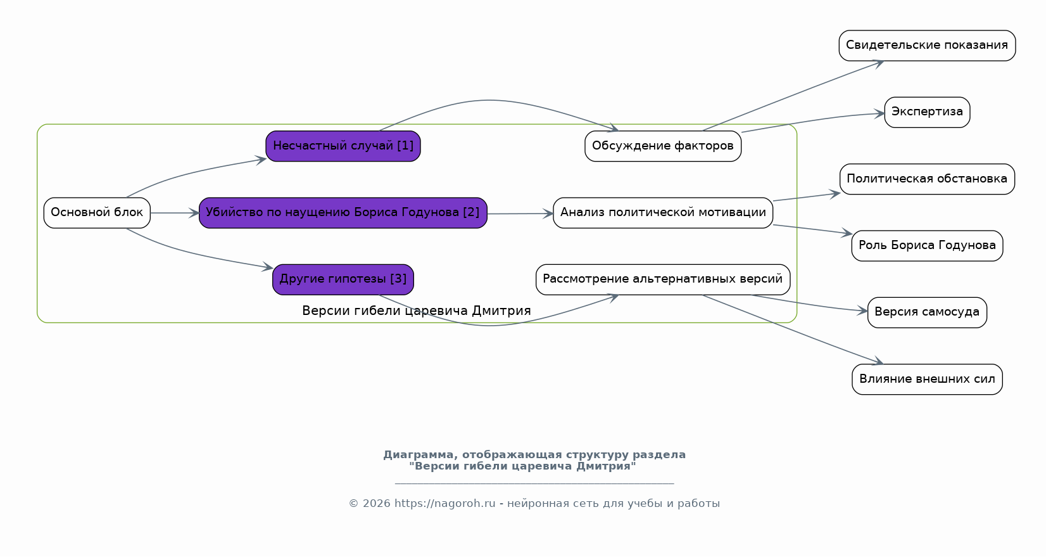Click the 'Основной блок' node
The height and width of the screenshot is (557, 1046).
(x=97, y=213)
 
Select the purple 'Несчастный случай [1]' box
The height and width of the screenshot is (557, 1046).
(x=343, y=146)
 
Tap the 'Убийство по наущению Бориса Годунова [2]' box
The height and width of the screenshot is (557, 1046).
(x=343, y=213)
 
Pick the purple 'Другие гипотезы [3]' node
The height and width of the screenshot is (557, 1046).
(x=343, y=279)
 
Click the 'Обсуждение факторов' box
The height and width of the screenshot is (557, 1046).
(x=663, y=146)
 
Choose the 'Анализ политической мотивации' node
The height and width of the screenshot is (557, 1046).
(x=663, y=213)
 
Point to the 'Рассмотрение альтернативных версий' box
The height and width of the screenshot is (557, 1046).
(x=663, y=279)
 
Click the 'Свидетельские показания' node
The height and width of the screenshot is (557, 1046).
(x=928, y=46)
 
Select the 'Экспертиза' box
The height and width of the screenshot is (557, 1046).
(x=928, y=112)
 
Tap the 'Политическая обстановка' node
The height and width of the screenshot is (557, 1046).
(x=928, y=179)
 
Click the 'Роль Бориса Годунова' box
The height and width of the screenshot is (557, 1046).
(x=928, y=246)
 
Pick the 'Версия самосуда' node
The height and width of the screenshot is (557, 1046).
(x=928, y=312)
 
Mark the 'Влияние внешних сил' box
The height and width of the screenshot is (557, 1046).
(x=928, y=380)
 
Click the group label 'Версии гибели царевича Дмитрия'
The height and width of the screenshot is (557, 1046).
(x=417, y=311)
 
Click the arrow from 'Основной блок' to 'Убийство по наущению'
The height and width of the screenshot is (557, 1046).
(x=175, y=213)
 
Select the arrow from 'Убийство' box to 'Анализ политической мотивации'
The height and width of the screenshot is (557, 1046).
(x=520, y=214)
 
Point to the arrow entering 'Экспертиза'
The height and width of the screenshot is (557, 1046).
(x=812, y=120)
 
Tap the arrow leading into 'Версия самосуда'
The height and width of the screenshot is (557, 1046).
(x=809, y=304)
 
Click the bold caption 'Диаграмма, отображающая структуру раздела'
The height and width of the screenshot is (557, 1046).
(x=534, y=455)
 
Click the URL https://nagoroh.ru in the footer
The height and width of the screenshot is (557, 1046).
(x=445, y=504)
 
